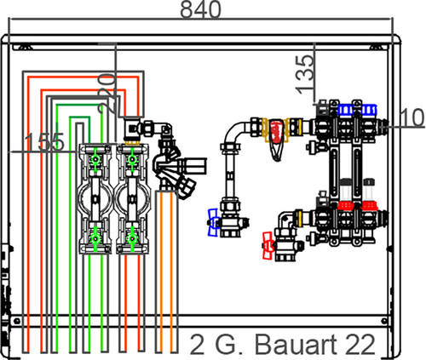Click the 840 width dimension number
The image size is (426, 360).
click(200, 9)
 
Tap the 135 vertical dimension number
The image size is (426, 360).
click(305, 75)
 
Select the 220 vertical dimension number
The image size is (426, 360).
click(107, 94)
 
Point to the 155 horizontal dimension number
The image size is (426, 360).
click(44, 141)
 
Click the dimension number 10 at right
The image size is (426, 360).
click(412, 117)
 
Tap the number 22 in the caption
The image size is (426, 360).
click(361, 345)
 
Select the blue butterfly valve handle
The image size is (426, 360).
click(213, 222)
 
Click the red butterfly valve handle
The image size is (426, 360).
click(268, 245)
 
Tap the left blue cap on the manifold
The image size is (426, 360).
click(345, 110)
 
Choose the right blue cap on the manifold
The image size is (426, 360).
click(369, 110)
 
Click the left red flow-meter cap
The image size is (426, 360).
click(345, 205)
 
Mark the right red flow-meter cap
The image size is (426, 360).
click(369, 205)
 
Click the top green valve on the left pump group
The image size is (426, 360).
click(95, 160)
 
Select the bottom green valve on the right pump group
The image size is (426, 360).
click(132, 239)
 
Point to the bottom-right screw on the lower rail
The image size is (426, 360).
click(384, 321)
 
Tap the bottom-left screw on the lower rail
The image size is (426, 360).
click(17, 321)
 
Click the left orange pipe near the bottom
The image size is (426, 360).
click(160, 271)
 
